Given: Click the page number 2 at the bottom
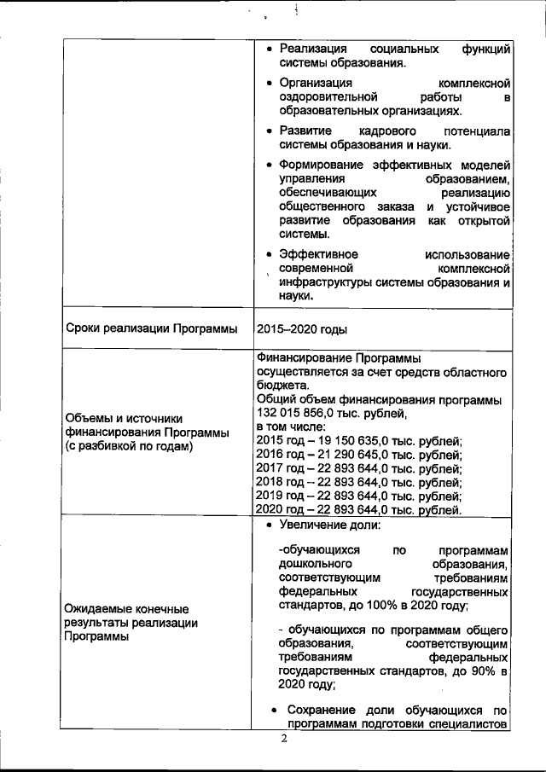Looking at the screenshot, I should coord(285,739).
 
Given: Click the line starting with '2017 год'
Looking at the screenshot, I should coord(358,468).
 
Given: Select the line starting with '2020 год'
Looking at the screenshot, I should coord(358,510).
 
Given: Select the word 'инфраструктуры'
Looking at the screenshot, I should coord(327,282).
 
